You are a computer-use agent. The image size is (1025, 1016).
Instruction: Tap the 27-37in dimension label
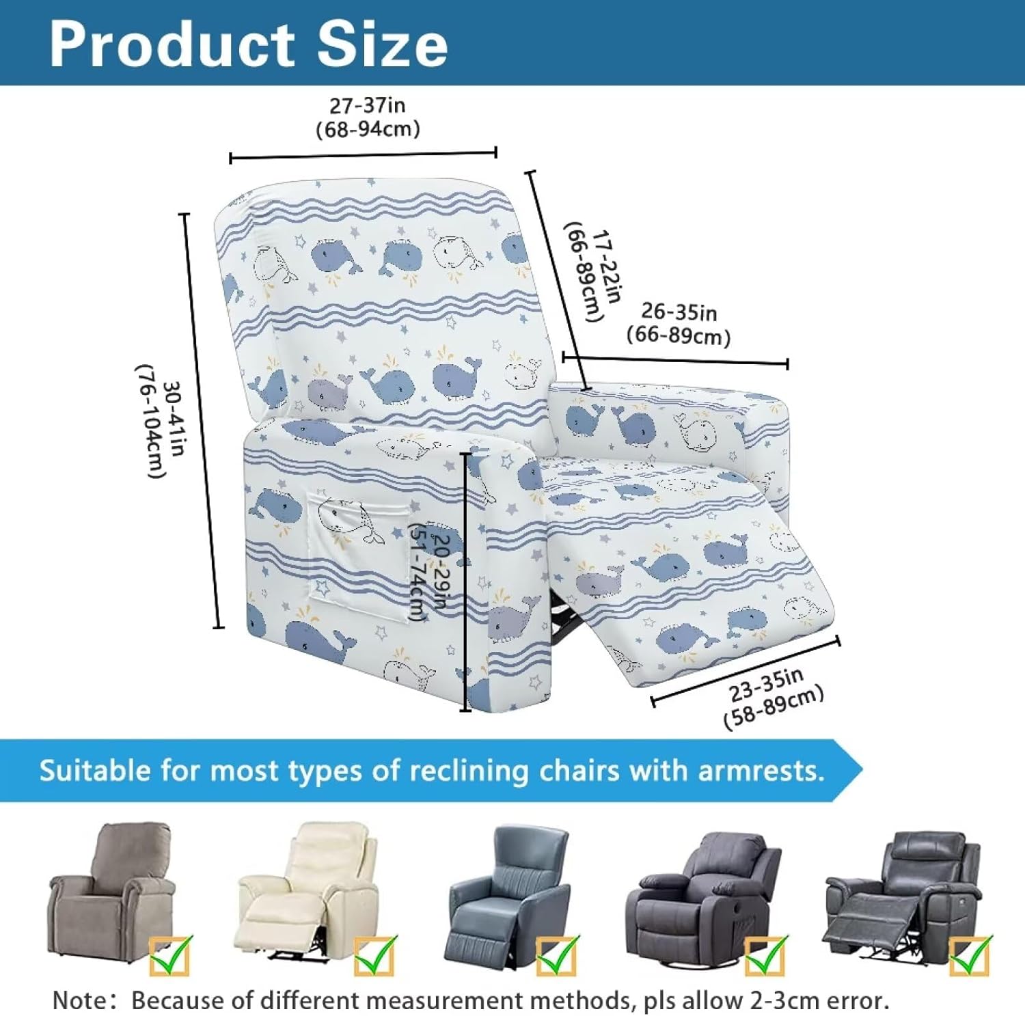pos(367,106)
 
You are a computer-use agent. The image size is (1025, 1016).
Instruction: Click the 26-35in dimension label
pos(679,312)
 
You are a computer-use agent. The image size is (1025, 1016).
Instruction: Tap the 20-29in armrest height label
pos(443,571)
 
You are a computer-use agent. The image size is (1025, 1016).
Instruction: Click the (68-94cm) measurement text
pos(368,129)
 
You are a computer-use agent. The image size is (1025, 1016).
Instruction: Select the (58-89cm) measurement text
pos(774,707)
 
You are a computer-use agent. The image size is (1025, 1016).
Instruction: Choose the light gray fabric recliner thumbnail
pos(109,888)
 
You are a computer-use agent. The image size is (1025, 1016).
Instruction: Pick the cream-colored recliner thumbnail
pos(307,888)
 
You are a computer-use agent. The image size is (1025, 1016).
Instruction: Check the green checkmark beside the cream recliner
pos(374,955)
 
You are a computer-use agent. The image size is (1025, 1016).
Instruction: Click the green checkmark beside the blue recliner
pos(557,955)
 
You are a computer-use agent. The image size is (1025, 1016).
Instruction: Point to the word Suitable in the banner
pos(95,771)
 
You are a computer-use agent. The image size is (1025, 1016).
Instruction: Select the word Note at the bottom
pos(79,1000)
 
